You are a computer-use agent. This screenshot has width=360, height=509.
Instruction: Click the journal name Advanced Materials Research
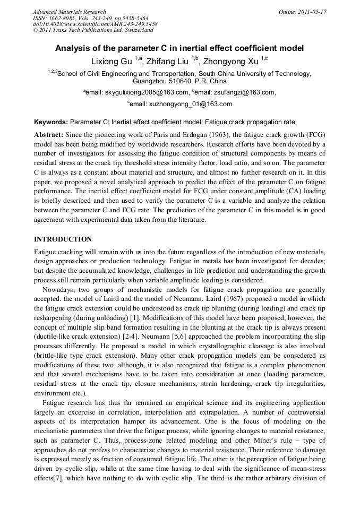69,12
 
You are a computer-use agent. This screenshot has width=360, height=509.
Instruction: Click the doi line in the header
95,24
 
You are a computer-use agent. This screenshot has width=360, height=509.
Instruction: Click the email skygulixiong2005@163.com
141,92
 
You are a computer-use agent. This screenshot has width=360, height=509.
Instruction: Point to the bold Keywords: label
51,122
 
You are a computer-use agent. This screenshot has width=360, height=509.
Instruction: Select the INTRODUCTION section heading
63,239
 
